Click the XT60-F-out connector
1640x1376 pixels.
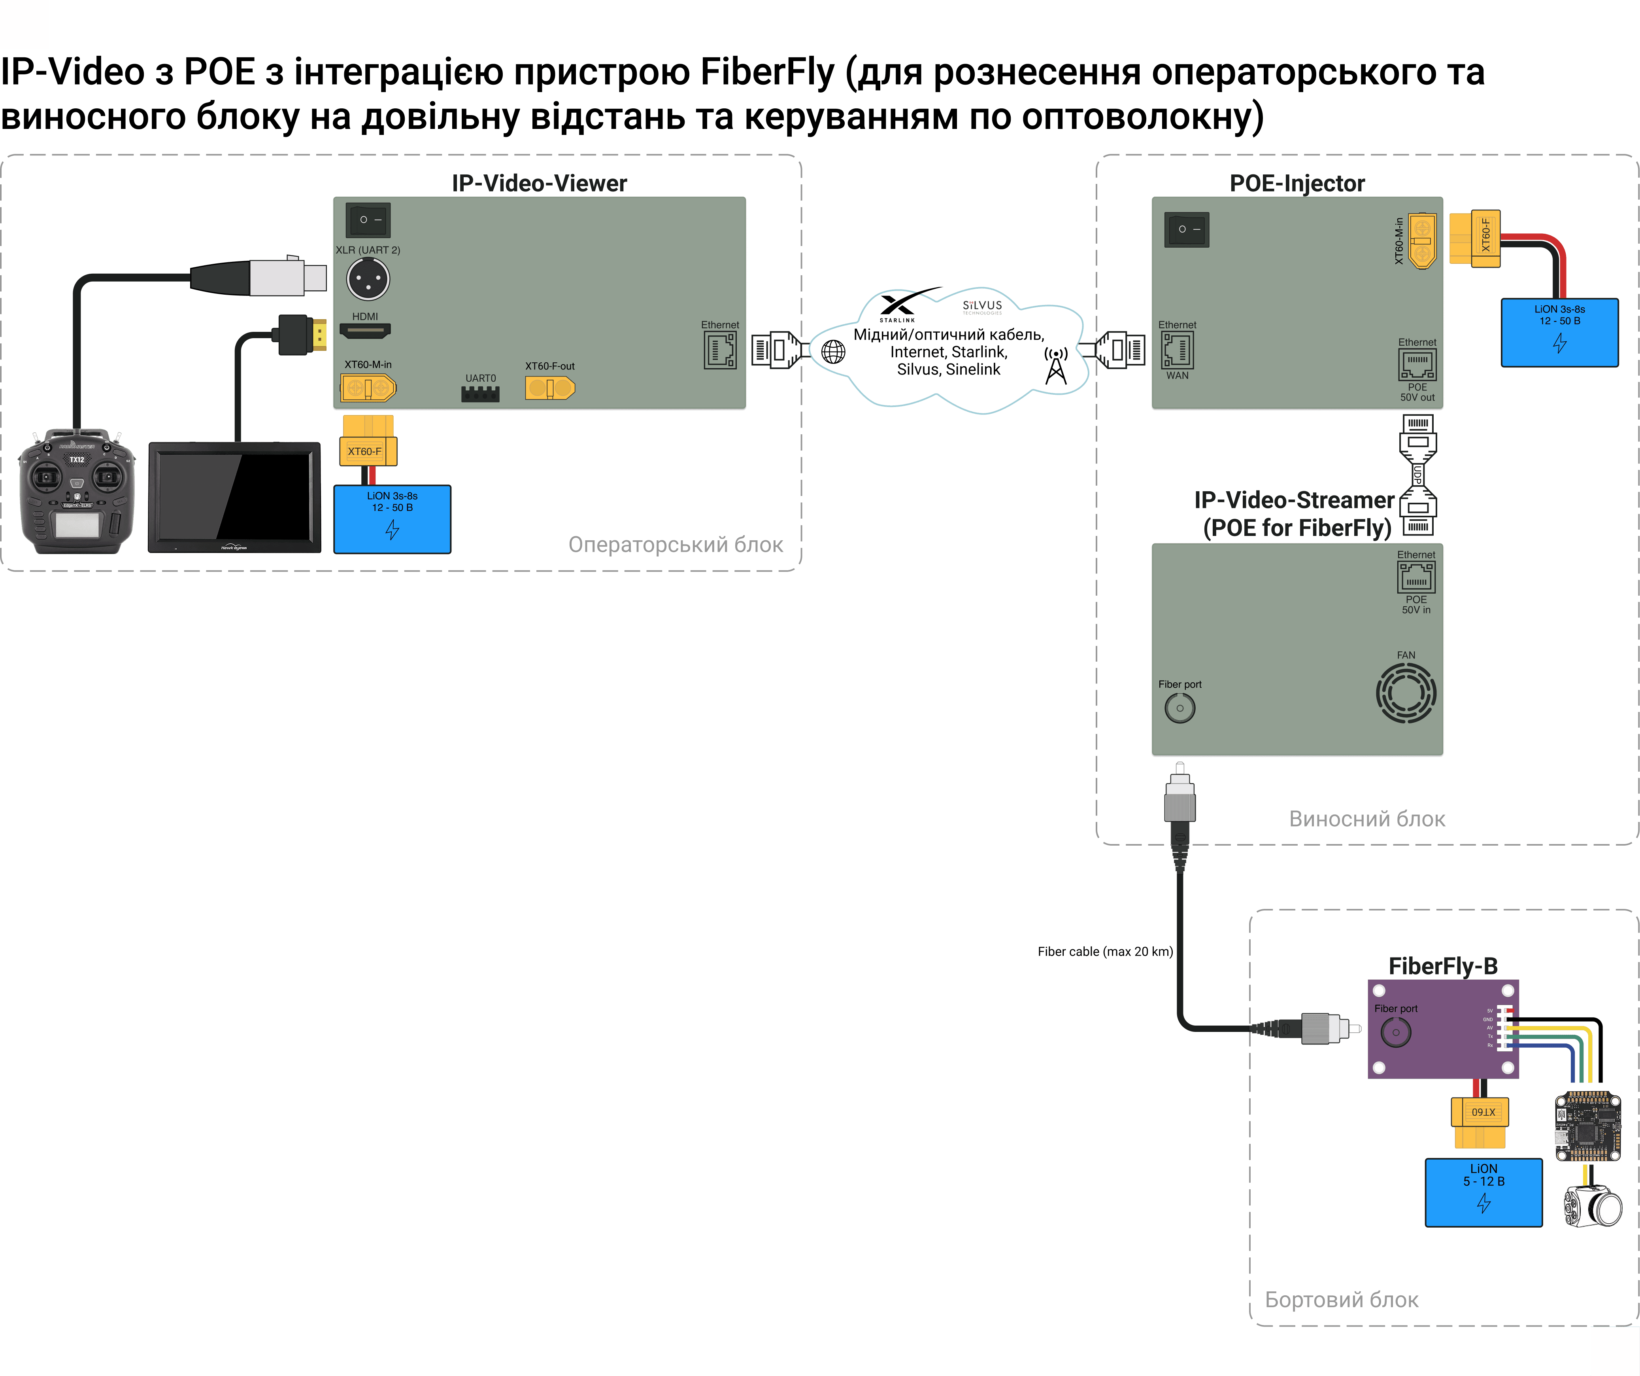pos(550,388)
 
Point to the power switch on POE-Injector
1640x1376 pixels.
pos(1186,230)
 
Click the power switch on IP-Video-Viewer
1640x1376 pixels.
pos(368,220)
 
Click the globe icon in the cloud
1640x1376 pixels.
pos(833,352)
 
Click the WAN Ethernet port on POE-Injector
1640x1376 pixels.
pos(1177,350)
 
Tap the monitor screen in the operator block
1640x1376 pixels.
pos(234,497)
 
